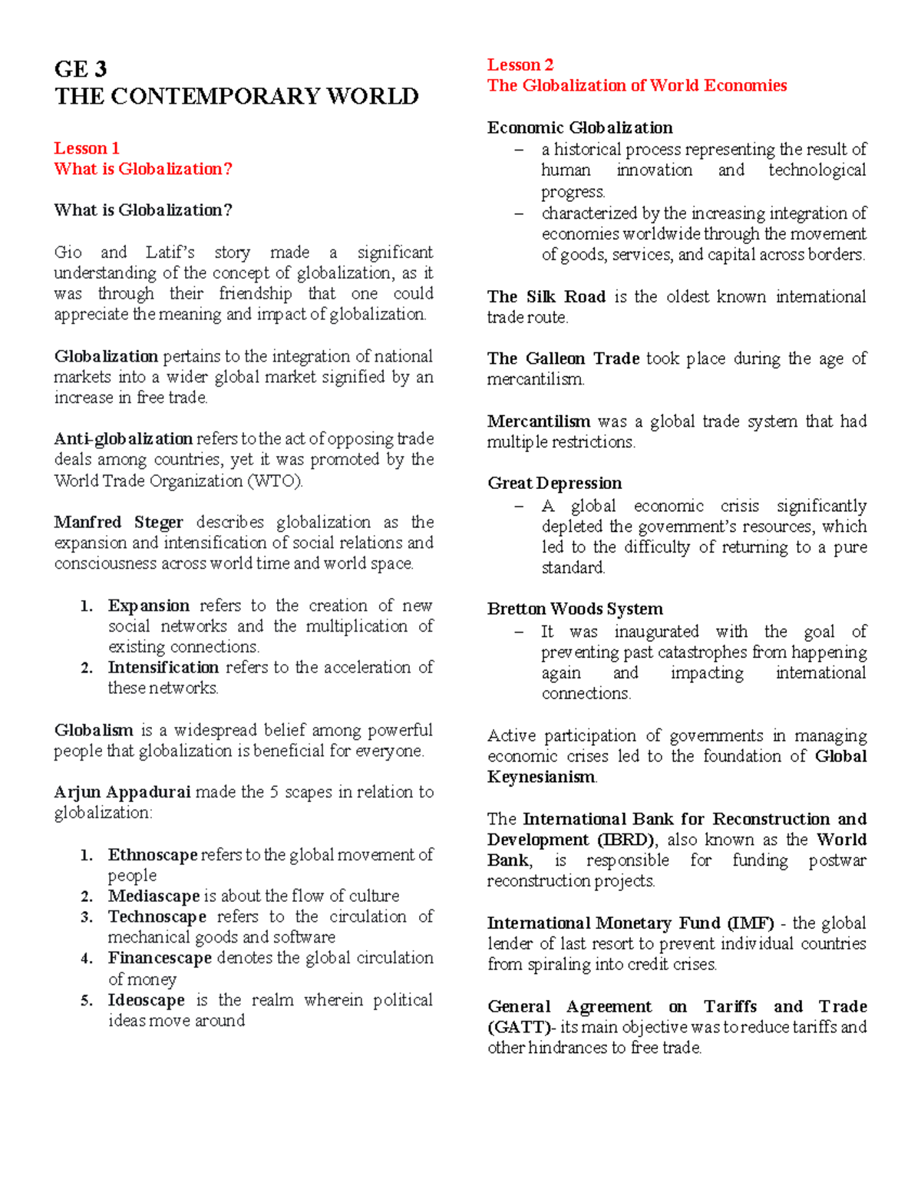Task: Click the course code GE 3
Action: (x=81, y=69)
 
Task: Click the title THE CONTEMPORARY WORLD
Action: (x=236, y=97)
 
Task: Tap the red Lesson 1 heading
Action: (x=87, y=148)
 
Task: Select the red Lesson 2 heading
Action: (x=520, y=65)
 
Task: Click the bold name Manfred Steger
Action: (x=118, y=523)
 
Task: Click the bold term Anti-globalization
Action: (x=123, y=439)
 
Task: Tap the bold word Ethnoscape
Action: (x=153, y=855)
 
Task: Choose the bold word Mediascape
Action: (x=153, y=896)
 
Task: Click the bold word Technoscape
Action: (x=157, y=917)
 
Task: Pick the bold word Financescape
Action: (x=160, y=959)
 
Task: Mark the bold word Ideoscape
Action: (x=146, y=1000)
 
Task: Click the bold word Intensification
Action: (x=163, y=668)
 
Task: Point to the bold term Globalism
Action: (x=94, y=731)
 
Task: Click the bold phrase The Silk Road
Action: (x=546, y=297)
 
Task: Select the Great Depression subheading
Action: (x=554, y=484)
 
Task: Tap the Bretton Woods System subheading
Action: (x=575, y=609)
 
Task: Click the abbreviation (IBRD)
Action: (x=621, y=840)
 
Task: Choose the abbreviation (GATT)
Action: (x=519, y=1028)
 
